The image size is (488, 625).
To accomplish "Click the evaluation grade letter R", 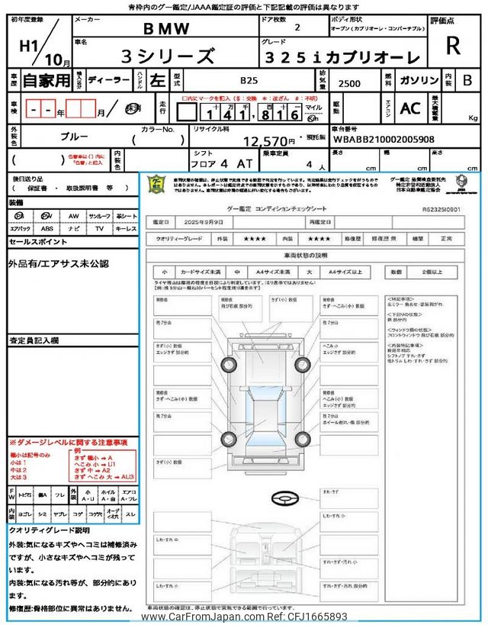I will pos(453,47).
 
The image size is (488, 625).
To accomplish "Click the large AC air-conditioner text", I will pos(410,108).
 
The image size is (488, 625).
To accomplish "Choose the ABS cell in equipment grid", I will pos(47,228).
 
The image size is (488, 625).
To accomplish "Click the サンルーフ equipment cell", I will pos(99,217).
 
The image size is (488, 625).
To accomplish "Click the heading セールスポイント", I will pos(39,241).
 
